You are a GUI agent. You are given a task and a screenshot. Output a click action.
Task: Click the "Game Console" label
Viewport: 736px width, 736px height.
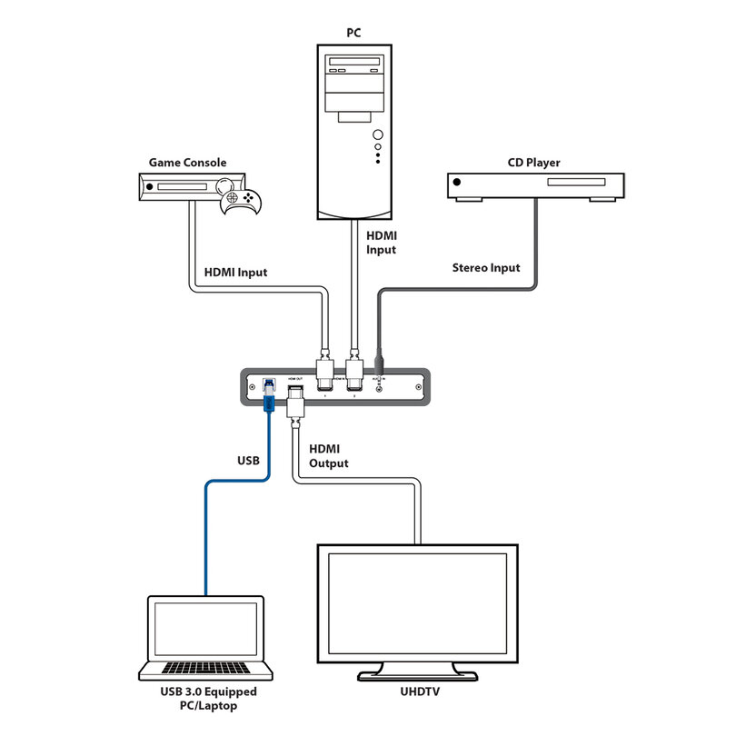[x=187, y=163]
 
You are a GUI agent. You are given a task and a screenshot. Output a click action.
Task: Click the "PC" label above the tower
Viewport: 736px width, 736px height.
[x=353, y=33]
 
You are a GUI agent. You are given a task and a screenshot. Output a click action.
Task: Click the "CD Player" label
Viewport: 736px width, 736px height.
[x=533, y=163]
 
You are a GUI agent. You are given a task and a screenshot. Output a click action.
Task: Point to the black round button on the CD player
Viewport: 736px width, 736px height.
[x=457, y=184]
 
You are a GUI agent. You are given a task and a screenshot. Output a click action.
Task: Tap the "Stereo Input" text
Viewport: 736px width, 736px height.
[x=486, y=267]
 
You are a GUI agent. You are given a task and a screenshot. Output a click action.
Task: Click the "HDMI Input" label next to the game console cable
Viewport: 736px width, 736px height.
[x=235, y=272]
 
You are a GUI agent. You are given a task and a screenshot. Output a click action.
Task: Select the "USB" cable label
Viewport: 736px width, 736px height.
[x=247, y=461]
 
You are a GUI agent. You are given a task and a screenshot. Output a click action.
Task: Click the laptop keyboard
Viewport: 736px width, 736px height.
[x=205, y=669]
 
